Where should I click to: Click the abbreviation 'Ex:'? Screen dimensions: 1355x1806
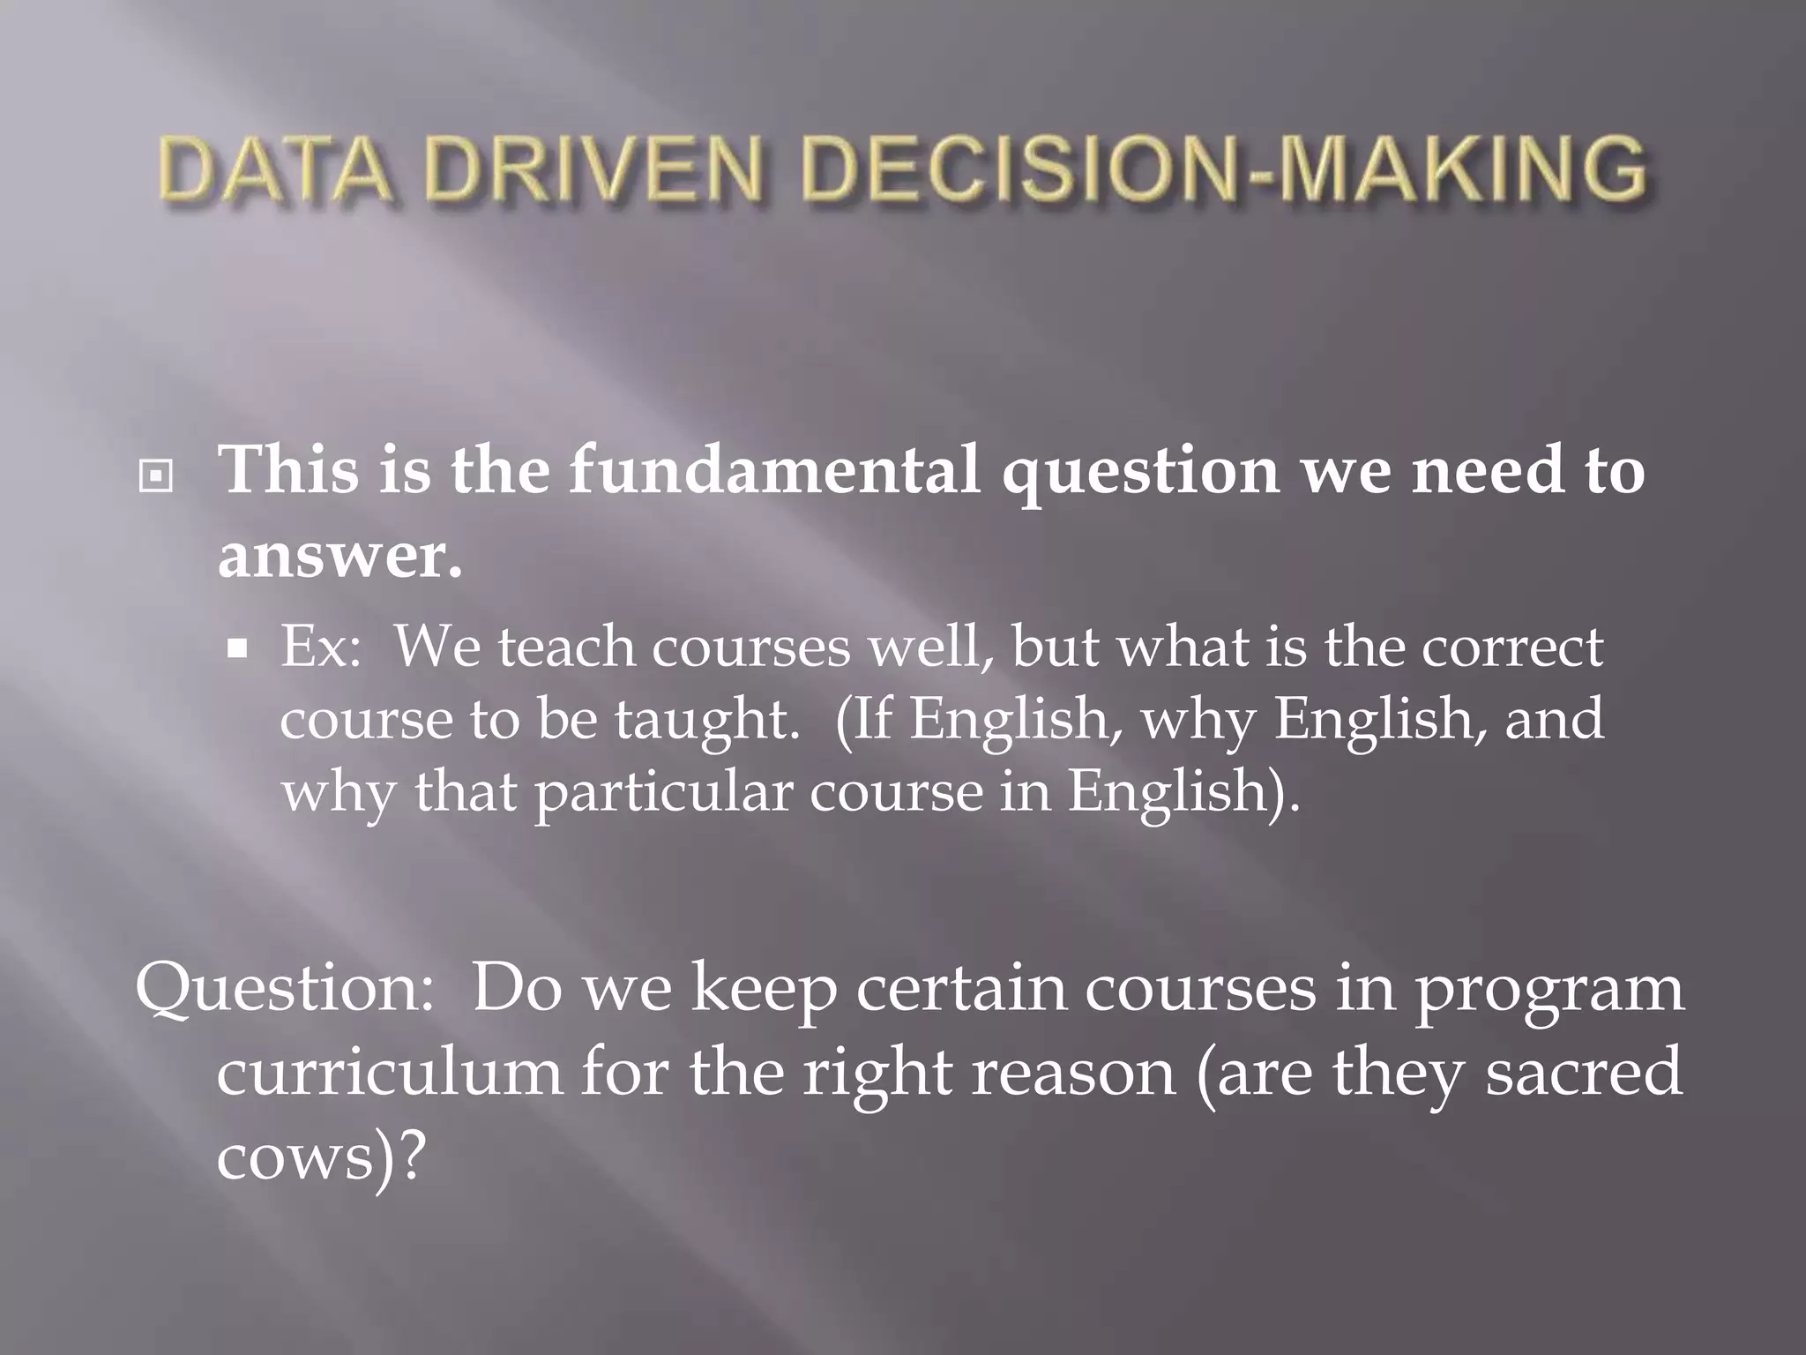pyautogui.click(x=321, y=648)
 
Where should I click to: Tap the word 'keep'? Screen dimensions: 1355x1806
pyautogui.click(x=764, y=990)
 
